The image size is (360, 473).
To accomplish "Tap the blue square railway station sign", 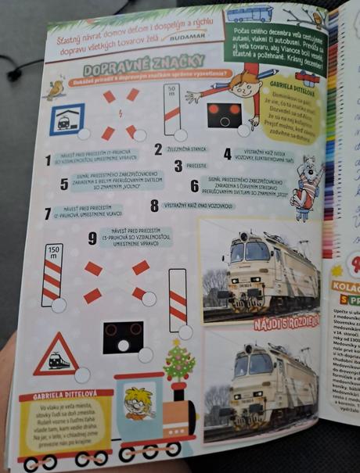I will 67,119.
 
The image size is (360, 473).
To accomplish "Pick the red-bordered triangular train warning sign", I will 56,353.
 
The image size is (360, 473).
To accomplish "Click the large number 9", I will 92,238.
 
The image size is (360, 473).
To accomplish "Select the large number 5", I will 64,185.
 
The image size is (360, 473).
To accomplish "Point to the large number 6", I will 194,186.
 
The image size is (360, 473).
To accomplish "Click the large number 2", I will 158,149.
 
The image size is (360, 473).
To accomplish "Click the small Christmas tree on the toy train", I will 178,363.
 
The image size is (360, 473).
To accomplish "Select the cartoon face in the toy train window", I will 139,404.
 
